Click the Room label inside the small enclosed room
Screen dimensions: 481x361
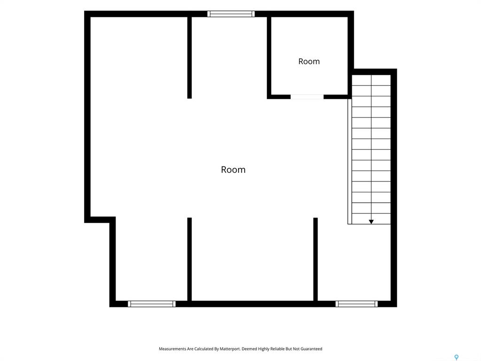click(x=309, y=62)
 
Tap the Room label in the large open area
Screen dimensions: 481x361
click(x=233, y=170)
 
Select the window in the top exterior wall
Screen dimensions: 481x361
click(x=231, y=14)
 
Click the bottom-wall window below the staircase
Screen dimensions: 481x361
click(x=357, y=304)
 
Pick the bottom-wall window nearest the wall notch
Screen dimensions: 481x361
click(x=152, y=304)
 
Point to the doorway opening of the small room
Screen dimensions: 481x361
click(x=307, y=97)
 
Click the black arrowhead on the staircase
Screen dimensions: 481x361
click(x=371, y=222)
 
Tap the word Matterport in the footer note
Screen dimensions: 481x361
click(x=230, y=349)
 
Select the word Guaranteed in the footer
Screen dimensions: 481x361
click(x=311, y=349)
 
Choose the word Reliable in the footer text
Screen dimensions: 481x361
click(x=278, y=349)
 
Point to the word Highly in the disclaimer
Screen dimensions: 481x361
click(x=264, y=349)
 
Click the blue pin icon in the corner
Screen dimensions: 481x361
click(x=457, y=357)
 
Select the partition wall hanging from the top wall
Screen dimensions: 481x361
click(x=190, y=58)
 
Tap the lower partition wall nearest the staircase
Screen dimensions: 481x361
click(x=315, y=259)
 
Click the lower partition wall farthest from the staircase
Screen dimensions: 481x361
click(x=190, y=259)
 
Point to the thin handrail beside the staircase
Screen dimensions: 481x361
click(x=349, y=162)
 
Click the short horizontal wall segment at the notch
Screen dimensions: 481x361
click(x=100, y=220)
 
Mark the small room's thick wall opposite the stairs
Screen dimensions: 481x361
click(x=269, y=58)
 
